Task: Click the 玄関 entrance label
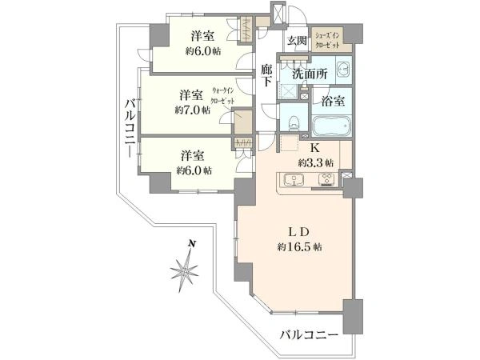tap(298, 40)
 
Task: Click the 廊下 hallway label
tap(267, 75)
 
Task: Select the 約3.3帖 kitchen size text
tap(316, 162)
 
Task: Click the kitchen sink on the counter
tap(293, 179)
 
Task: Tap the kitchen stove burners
tap(327, 179)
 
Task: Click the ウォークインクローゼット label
tap(223, 97)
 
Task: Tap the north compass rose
tap(186, 270)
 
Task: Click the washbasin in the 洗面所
tap(342, 70)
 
